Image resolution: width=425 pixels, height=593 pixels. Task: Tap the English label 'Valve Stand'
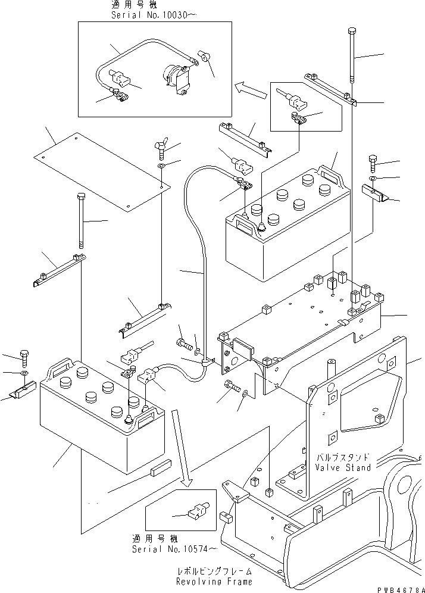click(342, 467)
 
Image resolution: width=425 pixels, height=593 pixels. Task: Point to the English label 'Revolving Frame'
click(214, 581)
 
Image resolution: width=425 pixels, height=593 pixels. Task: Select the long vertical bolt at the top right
click(354, 57)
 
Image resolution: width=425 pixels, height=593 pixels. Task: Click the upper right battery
click(286, 229)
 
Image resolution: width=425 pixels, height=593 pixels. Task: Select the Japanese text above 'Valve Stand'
click(342, 457)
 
